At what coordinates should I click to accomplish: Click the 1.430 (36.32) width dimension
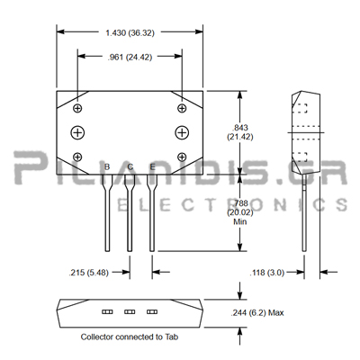(130, 32)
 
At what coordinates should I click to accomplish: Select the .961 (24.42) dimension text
(130, 57)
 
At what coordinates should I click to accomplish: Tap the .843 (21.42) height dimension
(240, 132)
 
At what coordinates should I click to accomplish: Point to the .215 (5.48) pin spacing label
(89, 273)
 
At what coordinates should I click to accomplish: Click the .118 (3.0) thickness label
(267, 273)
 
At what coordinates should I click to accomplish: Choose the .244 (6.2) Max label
(257, 313)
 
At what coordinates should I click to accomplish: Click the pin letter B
(107, 166)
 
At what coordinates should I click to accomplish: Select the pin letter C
(130, 166)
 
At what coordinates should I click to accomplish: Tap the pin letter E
(152, 166)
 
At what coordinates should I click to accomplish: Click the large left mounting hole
(77, 132)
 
